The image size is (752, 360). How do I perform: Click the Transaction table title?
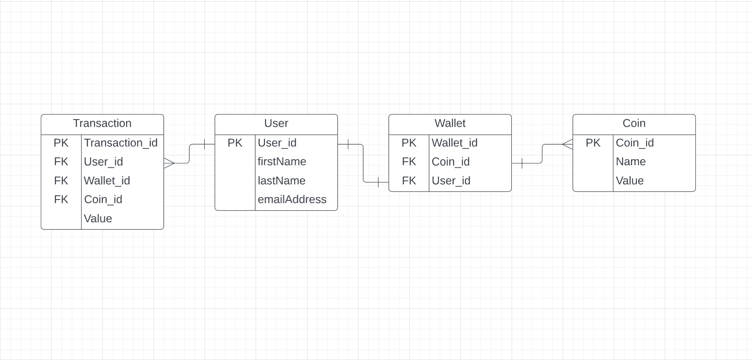pyautogui.click(x=102, y=123)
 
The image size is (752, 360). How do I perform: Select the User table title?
pyautogui.click(x=276, y=123)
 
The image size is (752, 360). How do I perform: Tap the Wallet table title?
pyautogui.click(x=450, y=123)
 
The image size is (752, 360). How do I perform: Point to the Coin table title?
pyautogui.click(x=634, y=123)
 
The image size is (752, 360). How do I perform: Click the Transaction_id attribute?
pyautogui.click(x=121, y=143)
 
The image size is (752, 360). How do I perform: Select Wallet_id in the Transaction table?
pyautogui.click(x=107, y=181)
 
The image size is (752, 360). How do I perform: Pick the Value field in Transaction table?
pyautogui.click(x=98, y=219)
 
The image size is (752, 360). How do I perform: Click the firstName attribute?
pyautogui.click(x=282, y=162)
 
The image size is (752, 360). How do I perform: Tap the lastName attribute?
pyautogui.click(x=281, y=181)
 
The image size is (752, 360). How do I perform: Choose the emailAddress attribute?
pyautogui.click(x=292, y=200)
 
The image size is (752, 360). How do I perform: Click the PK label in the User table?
pyautogui.click(x=235, y=143)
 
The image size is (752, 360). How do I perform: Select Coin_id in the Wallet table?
pyautogui.click(x=450, y=162)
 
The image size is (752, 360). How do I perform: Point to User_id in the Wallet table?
pyautogui.click(x=451, y=181)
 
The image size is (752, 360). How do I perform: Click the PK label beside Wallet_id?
pyautogui.click(x=409, y=143)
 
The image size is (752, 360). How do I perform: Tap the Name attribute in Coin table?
pyautogui.click(x=630, y=162)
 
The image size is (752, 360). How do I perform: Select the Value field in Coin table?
pyautogui.click(x=630, y=181)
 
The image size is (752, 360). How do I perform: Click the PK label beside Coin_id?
pyautogui.click(x=593, y=143)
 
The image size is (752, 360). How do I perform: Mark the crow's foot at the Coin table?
pyautogui.click(x=568, y=144)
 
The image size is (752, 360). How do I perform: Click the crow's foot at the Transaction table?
pyautogui.click(x=169, y=163)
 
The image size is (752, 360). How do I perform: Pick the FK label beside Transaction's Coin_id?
pyautogui.click(x=61, y=200)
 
